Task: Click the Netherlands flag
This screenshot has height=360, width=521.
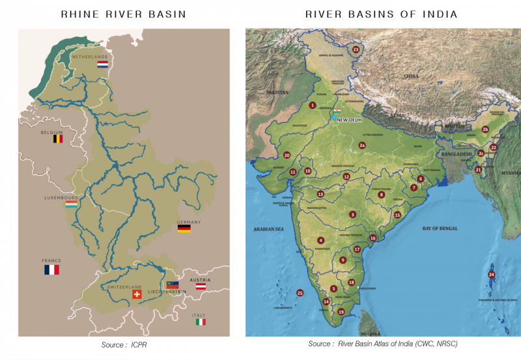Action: click(102, 65)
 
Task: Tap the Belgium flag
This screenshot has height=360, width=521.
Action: click(58, 139)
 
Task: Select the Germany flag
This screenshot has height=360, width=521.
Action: click(184, 228)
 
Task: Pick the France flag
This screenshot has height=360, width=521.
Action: click(51, 269)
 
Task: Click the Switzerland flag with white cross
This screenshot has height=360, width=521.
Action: click(137, 294)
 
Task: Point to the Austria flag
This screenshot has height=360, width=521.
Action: click(202, 286)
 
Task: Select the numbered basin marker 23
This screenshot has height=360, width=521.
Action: click(356, 49)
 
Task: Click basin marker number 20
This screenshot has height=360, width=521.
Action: click(287, 155)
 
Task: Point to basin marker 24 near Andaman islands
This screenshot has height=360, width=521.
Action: click(491, 275)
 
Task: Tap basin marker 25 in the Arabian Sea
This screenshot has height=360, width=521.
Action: click(300, 293)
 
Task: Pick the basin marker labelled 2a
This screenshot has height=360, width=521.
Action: click(362, 145)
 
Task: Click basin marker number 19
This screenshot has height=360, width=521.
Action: click(341, 312)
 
